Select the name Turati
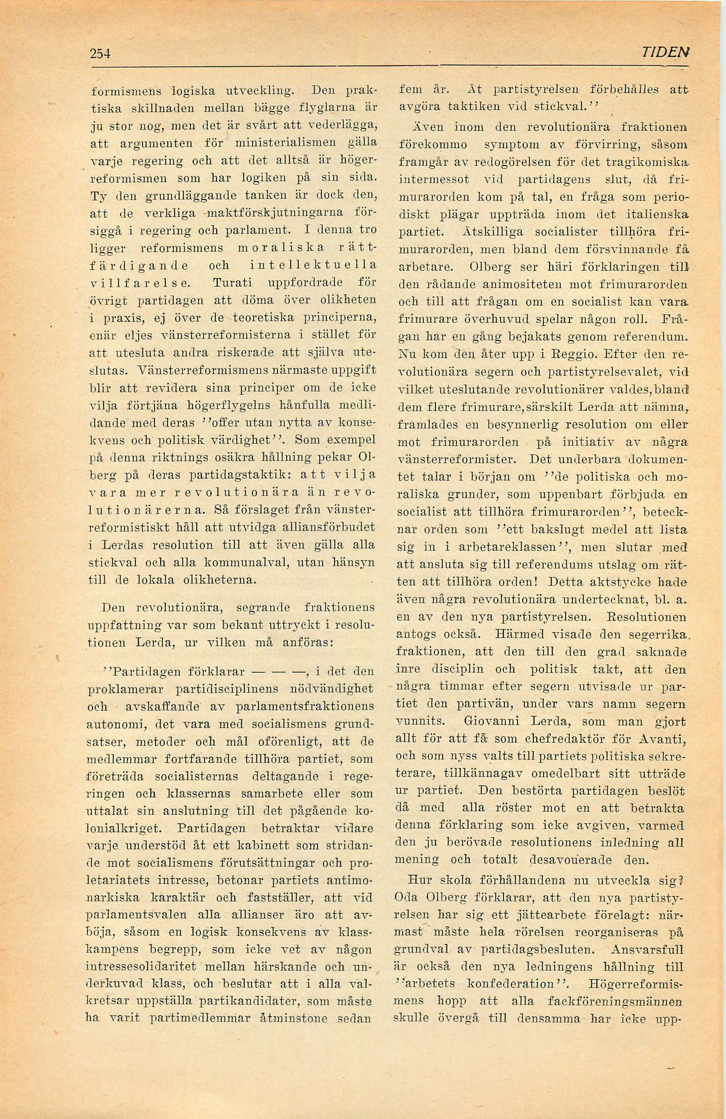click(229, 283)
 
